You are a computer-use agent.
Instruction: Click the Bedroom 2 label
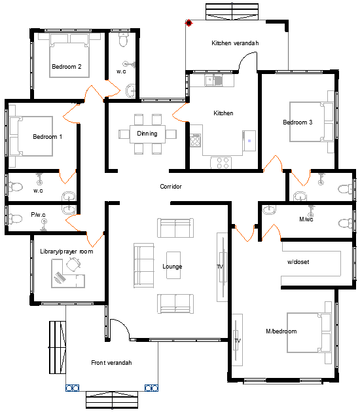click(67, 66)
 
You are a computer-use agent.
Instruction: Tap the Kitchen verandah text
click(235, 43)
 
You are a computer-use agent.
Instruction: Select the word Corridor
click(171, 186)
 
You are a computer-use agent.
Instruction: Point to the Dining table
click(147, 134)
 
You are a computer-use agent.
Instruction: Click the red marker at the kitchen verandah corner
click(189, 23)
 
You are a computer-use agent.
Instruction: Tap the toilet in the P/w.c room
click(15, 218)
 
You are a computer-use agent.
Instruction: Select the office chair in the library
click(73, 263)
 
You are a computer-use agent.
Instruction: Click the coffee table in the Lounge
click(173, 265)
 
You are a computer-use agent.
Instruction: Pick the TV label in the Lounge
click(220, 267)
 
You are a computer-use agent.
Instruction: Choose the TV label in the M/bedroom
click(238, 341)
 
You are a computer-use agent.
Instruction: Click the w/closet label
click(298, 262)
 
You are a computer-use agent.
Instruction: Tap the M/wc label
click(306, 219)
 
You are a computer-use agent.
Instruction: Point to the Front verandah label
click(111, 363)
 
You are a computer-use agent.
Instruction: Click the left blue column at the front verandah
click(72, 388)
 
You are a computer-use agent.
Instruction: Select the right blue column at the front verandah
click(151, 388)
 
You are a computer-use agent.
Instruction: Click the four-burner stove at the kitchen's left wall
click(196, 140)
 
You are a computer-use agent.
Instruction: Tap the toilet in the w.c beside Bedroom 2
click(124, 40)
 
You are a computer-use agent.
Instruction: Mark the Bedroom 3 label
click(298, 122)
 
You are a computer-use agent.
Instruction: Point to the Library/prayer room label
click(66, 252)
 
